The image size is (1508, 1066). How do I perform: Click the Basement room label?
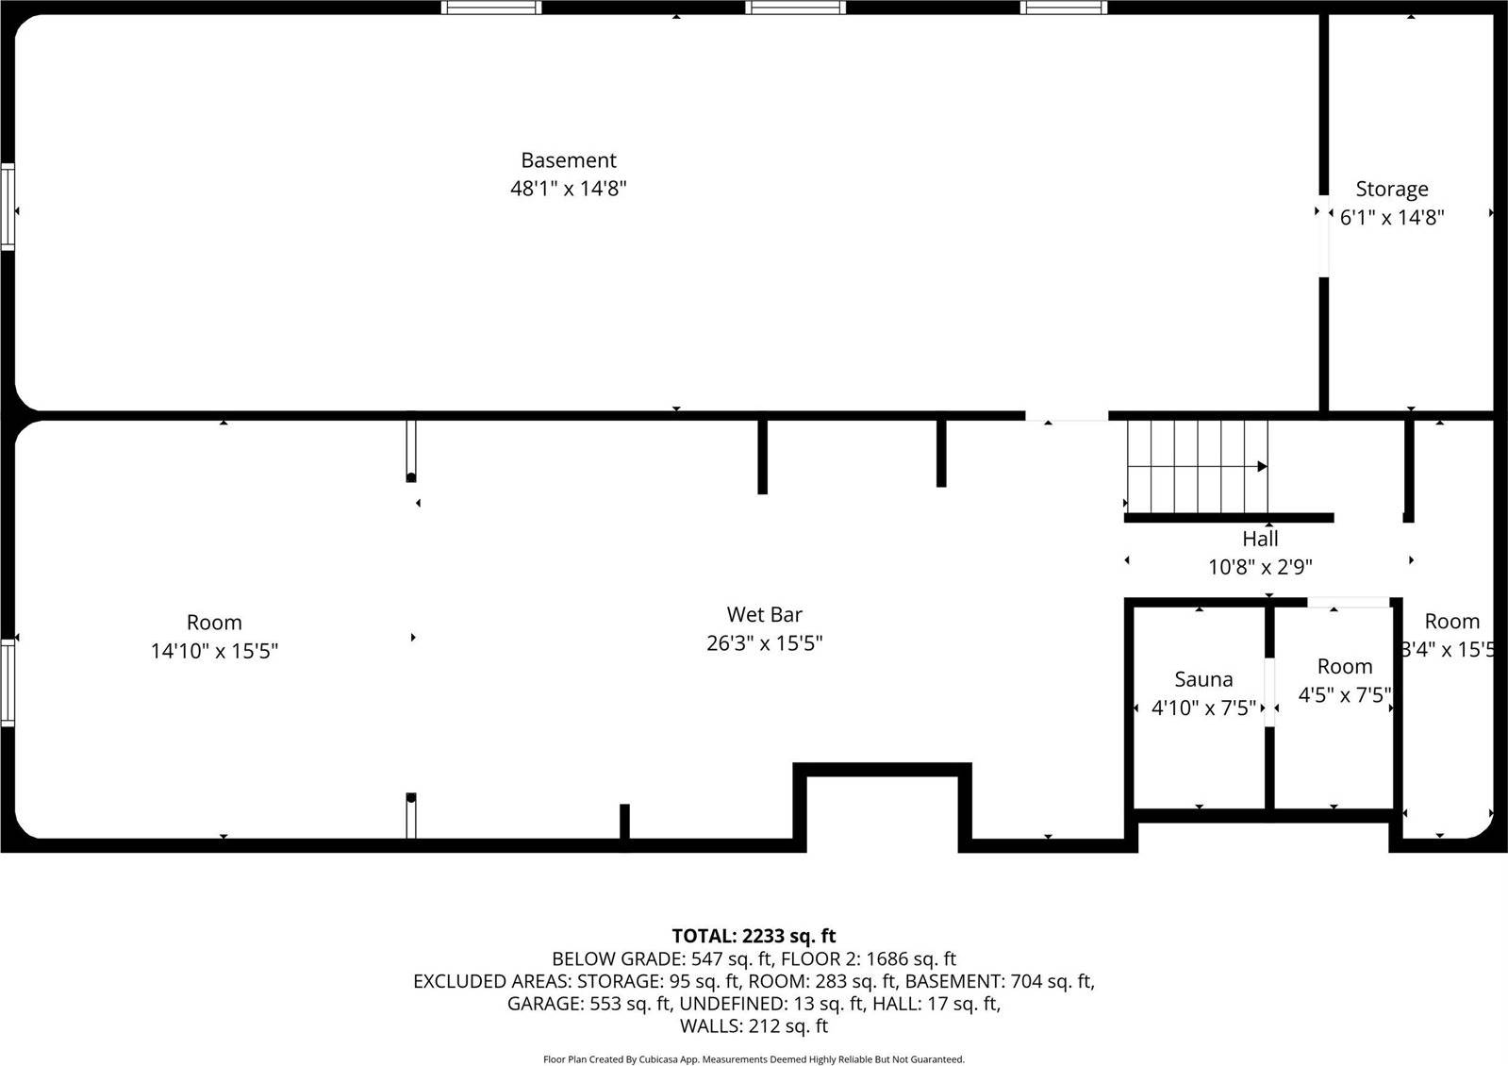coord(568,160)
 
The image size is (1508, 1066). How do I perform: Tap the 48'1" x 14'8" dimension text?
coord(568,189)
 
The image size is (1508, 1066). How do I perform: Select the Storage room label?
coord(1391,189)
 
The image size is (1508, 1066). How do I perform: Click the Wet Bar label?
coord(764,614)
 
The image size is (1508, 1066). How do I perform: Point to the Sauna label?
coord(1203,679)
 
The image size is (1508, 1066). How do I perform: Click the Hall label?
coord(1260,539)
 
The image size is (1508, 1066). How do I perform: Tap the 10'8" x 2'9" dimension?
coord(1260,567)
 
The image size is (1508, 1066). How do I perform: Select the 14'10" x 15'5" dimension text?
coord(214,651)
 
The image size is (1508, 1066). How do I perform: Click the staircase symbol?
coord(1198,465)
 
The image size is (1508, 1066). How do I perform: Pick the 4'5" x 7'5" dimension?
coord(1344,695)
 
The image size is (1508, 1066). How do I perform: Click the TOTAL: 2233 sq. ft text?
coord(754,936)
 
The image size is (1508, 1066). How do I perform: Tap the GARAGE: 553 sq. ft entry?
coord(588,1003)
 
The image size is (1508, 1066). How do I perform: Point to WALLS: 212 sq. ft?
coord(754,1025)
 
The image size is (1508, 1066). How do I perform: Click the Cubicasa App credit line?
coord(754,1059)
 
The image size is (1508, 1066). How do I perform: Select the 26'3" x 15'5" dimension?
coord(764,643)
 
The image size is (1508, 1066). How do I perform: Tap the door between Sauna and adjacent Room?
coord(1269,692)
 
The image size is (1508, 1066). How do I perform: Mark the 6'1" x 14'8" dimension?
coord(1392,217)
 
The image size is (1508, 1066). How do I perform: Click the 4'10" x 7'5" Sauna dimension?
coord(1203,708)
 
